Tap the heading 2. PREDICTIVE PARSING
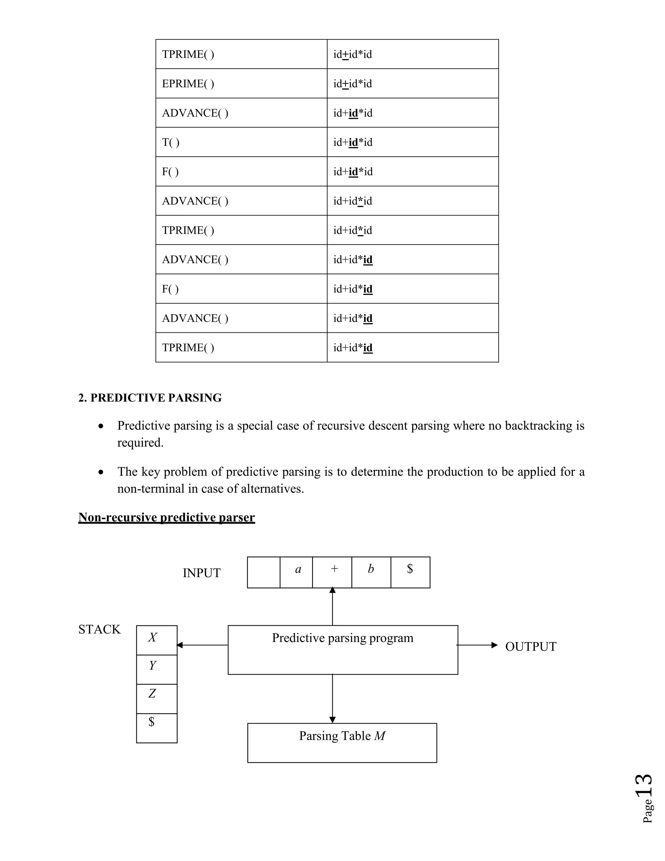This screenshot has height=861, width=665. point(150,398)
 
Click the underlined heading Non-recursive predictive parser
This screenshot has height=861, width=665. point(166,517)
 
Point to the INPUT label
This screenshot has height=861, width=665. point(201,573)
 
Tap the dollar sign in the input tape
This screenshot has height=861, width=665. point(410,569)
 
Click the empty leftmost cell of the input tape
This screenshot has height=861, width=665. point(264,572)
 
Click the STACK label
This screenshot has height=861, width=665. point(99,629)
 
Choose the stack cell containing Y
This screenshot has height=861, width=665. point(157,669)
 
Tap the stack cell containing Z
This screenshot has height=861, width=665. point(157,698)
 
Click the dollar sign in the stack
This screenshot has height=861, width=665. point(152,721)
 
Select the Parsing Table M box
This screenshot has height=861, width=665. point(342,742)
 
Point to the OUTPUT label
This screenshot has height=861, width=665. point(531,647)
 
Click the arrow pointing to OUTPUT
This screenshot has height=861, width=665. point(477,645)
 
